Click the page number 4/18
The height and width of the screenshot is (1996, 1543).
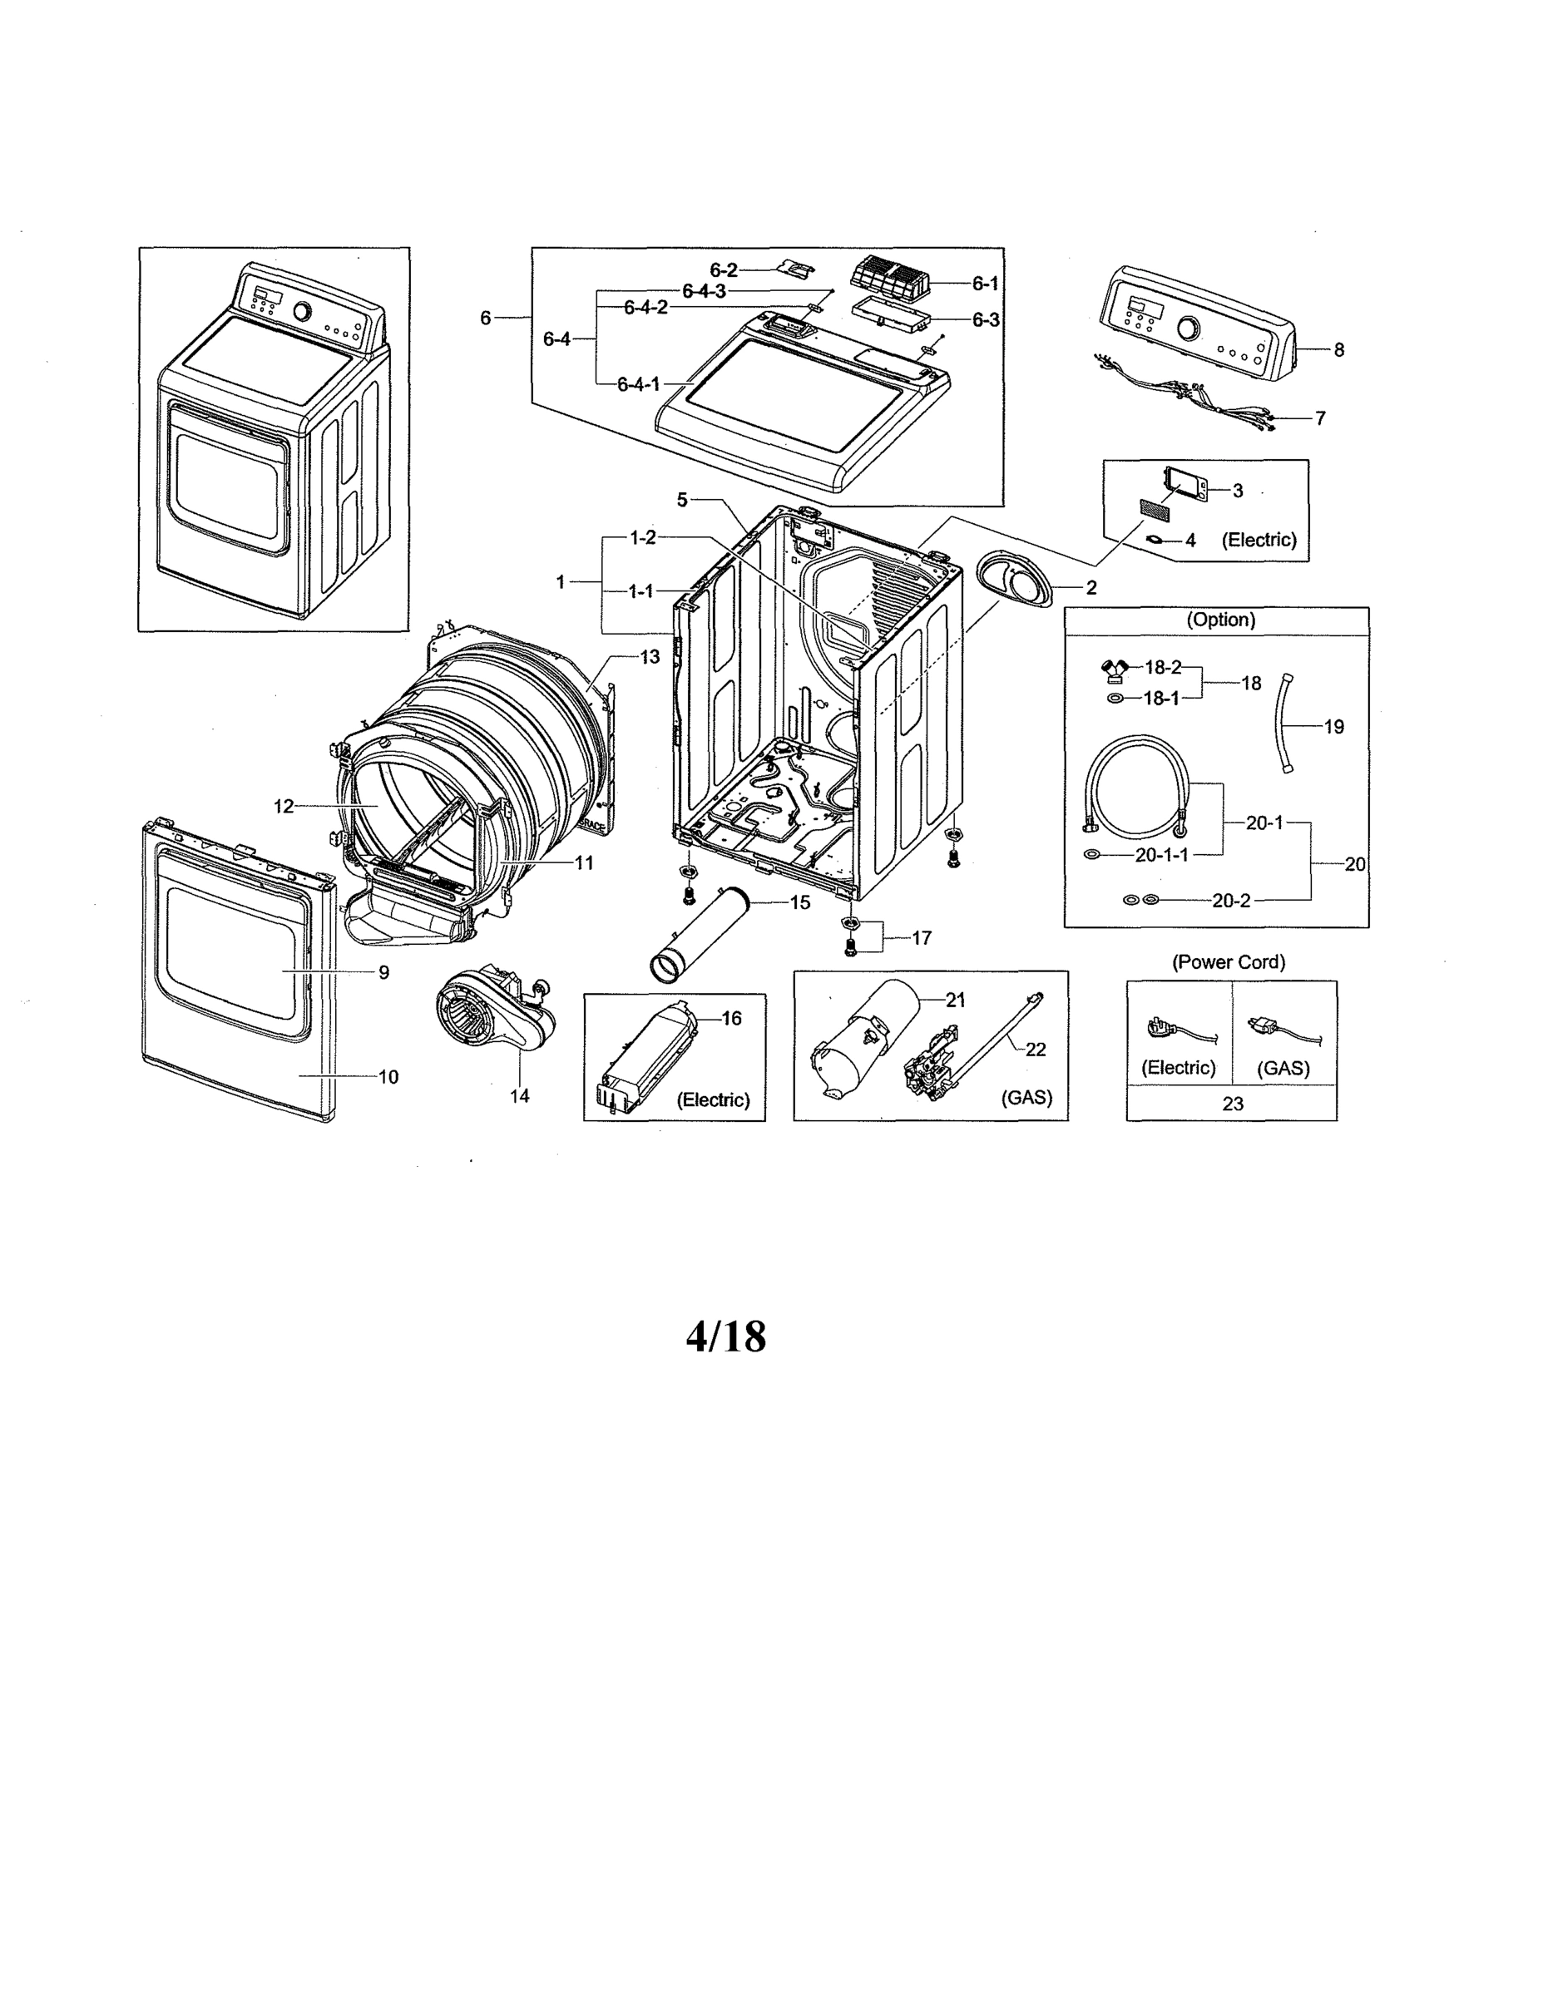coord(726,1337)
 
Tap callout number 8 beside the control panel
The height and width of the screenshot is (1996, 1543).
coord(1338,350)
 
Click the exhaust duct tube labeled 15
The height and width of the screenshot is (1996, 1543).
coord(699,937)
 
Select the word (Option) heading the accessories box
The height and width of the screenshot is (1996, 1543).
coord(1220,620)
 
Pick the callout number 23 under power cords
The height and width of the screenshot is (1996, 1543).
coord(1232,1104)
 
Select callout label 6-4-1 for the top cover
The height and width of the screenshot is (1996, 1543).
coord(638,385)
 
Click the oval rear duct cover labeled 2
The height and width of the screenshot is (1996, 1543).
coord(1014,581)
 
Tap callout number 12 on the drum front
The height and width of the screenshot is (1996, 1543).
coord(284,806)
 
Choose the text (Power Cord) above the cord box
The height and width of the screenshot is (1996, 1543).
coord(1229,962)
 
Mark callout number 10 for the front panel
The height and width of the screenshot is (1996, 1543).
coord(388,1078)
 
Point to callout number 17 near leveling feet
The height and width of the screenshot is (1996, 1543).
coord(922,939)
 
